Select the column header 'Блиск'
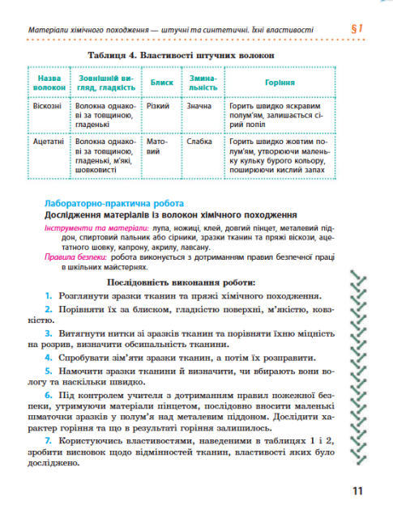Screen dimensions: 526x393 159,83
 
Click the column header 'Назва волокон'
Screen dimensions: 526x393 49,83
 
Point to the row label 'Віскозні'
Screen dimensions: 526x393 48,106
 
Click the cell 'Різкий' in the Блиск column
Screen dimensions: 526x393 158,106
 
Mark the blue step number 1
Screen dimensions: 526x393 49,296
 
